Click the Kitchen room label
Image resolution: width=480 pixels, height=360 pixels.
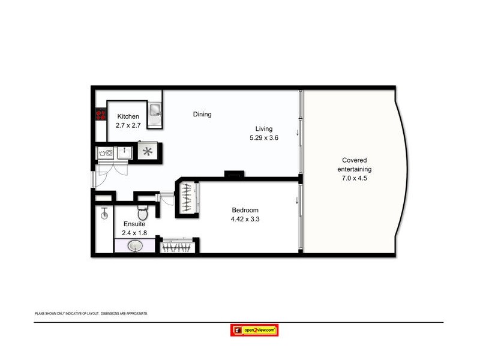(128, 116)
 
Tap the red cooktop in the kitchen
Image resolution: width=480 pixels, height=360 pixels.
(99, 114)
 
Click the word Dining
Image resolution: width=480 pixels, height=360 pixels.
(202, 114)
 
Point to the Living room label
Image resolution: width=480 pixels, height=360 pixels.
(263, 128)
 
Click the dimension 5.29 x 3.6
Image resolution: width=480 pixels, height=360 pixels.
(264, 137)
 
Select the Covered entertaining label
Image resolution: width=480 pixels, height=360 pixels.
(355, 164)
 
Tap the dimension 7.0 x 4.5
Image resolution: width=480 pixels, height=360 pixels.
(355, 178)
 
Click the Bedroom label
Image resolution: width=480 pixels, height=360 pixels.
(245, 210)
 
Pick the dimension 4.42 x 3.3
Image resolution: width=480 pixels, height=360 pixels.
(245, 219)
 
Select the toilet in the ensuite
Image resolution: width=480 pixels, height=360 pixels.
(142, 212)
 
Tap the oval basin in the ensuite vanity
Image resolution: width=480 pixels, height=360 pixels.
(135, 246)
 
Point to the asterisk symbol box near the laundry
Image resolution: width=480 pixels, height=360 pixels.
(146, 152)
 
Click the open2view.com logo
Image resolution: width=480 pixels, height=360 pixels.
(254, 330)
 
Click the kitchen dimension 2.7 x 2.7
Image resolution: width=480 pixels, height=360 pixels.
(128, 125)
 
